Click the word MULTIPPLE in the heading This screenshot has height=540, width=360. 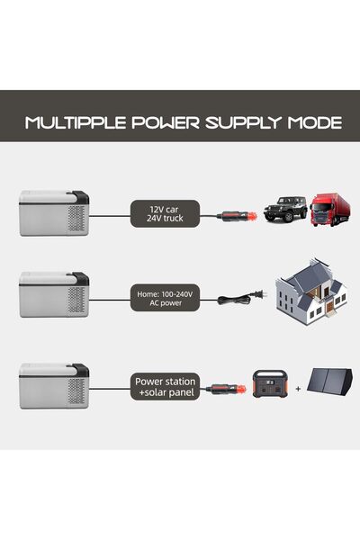76,122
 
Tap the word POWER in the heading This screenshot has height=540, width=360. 166,122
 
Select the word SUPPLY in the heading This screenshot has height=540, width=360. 243,123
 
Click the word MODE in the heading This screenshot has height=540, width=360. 315,122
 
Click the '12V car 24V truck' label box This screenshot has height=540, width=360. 165,213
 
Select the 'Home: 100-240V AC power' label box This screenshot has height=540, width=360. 165,298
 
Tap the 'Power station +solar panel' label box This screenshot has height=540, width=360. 165,386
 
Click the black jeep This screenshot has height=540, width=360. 285,209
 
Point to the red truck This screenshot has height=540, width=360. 330,210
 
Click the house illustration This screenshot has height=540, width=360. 310,292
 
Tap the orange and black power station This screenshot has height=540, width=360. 270,384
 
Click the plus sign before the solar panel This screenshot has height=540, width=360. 298,389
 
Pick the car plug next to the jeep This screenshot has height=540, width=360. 237,217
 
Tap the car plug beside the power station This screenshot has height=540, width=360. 226,390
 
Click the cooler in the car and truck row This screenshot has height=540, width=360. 54,213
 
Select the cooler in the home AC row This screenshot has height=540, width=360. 54,294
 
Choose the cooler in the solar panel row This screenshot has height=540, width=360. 54,386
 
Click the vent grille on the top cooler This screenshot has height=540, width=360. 76,219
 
